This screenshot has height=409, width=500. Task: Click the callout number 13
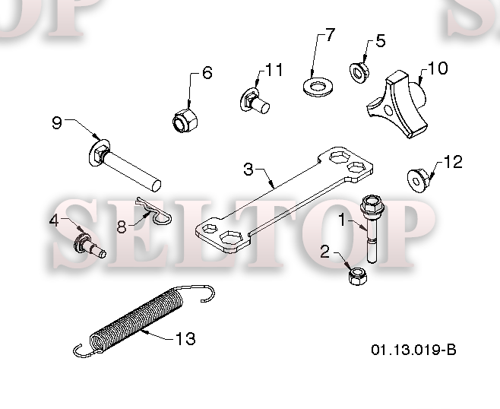click(185, 339)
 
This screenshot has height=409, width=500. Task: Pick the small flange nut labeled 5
click(359, 71)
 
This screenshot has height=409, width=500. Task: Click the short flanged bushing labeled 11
click(256, 100)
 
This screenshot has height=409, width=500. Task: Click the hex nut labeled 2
click(356, 276)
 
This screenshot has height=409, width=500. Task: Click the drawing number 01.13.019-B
click(413, 350)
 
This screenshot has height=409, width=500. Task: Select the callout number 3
click(248, 169)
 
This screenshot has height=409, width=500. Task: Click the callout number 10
click(437, 68)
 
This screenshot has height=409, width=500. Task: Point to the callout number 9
click(57, 122)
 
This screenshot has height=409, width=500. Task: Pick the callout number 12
click(453, 162)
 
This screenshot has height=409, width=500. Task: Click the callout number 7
click(329, 35)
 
